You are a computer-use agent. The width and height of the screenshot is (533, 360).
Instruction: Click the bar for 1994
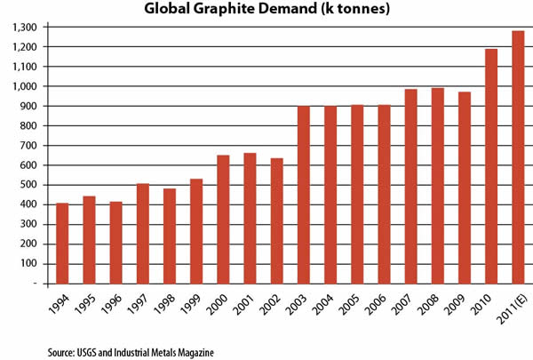tap(63, 244)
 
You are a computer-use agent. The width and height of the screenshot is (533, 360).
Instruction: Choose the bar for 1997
tap(143, 234)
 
